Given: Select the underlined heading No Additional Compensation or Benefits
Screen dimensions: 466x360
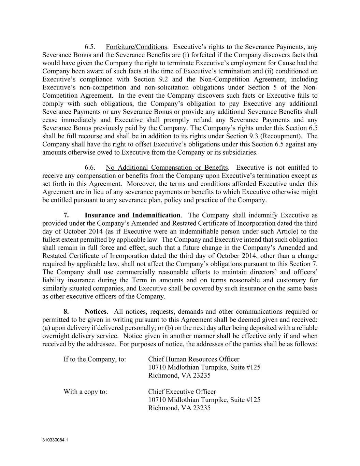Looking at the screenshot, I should point(167,168).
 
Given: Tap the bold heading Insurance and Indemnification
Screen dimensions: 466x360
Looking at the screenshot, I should point(132,215).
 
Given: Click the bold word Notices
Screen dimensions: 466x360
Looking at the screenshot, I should point(96,312).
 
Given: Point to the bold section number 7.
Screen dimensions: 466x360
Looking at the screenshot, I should point(67,215).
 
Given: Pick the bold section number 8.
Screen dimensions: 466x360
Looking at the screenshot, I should point(67,312).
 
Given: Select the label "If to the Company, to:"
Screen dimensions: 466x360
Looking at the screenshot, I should point(95,359).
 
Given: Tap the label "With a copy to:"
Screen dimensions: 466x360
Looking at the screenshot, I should point(85,392).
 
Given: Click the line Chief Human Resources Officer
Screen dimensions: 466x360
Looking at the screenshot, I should point(193,359).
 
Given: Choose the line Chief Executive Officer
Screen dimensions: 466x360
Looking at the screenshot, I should point(182,392).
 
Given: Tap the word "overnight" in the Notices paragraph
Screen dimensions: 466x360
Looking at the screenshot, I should point(56,336).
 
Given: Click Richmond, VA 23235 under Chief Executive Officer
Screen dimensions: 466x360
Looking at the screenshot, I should point(179,408).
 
